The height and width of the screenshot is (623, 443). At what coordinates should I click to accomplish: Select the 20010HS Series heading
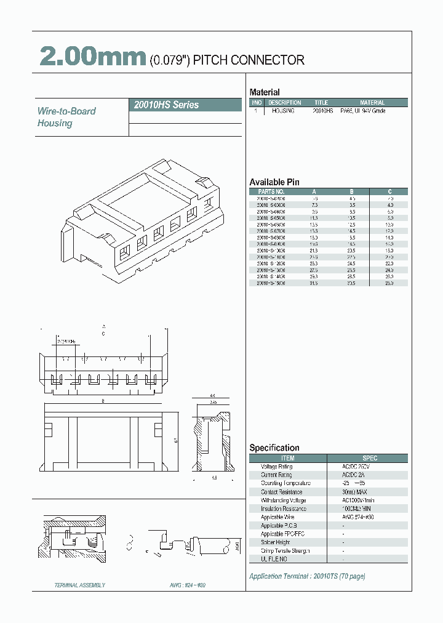pyautogui.click(x=166, y=105)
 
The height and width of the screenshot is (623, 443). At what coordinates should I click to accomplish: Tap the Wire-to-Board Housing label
pyautogui.click(x=66, y=117)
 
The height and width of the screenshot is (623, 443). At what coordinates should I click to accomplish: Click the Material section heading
pyautogui.click(x=265, y=92)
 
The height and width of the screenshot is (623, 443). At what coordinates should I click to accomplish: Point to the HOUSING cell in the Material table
pyautogui.click(x=283, y=111)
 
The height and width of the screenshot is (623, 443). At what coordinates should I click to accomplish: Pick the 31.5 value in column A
pyautogui.click(x=314, y=284)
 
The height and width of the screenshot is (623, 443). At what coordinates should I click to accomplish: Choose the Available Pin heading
pyautogui.click(x=274, y=182)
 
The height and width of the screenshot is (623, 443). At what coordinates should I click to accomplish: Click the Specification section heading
pyautogui.click(x=274, y=448)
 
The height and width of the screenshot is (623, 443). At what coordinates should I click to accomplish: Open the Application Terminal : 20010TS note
pyautogui.click(x=307, y=576)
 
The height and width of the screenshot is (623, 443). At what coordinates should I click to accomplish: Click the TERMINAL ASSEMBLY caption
pyautogui.click(x=80, y=585)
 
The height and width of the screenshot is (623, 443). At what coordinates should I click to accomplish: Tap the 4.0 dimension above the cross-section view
pyautogui.click(x=212, y=396)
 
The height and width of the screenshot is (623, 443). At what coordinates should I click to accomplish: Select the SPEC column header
pyautogui.click(x=370, y=458)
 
